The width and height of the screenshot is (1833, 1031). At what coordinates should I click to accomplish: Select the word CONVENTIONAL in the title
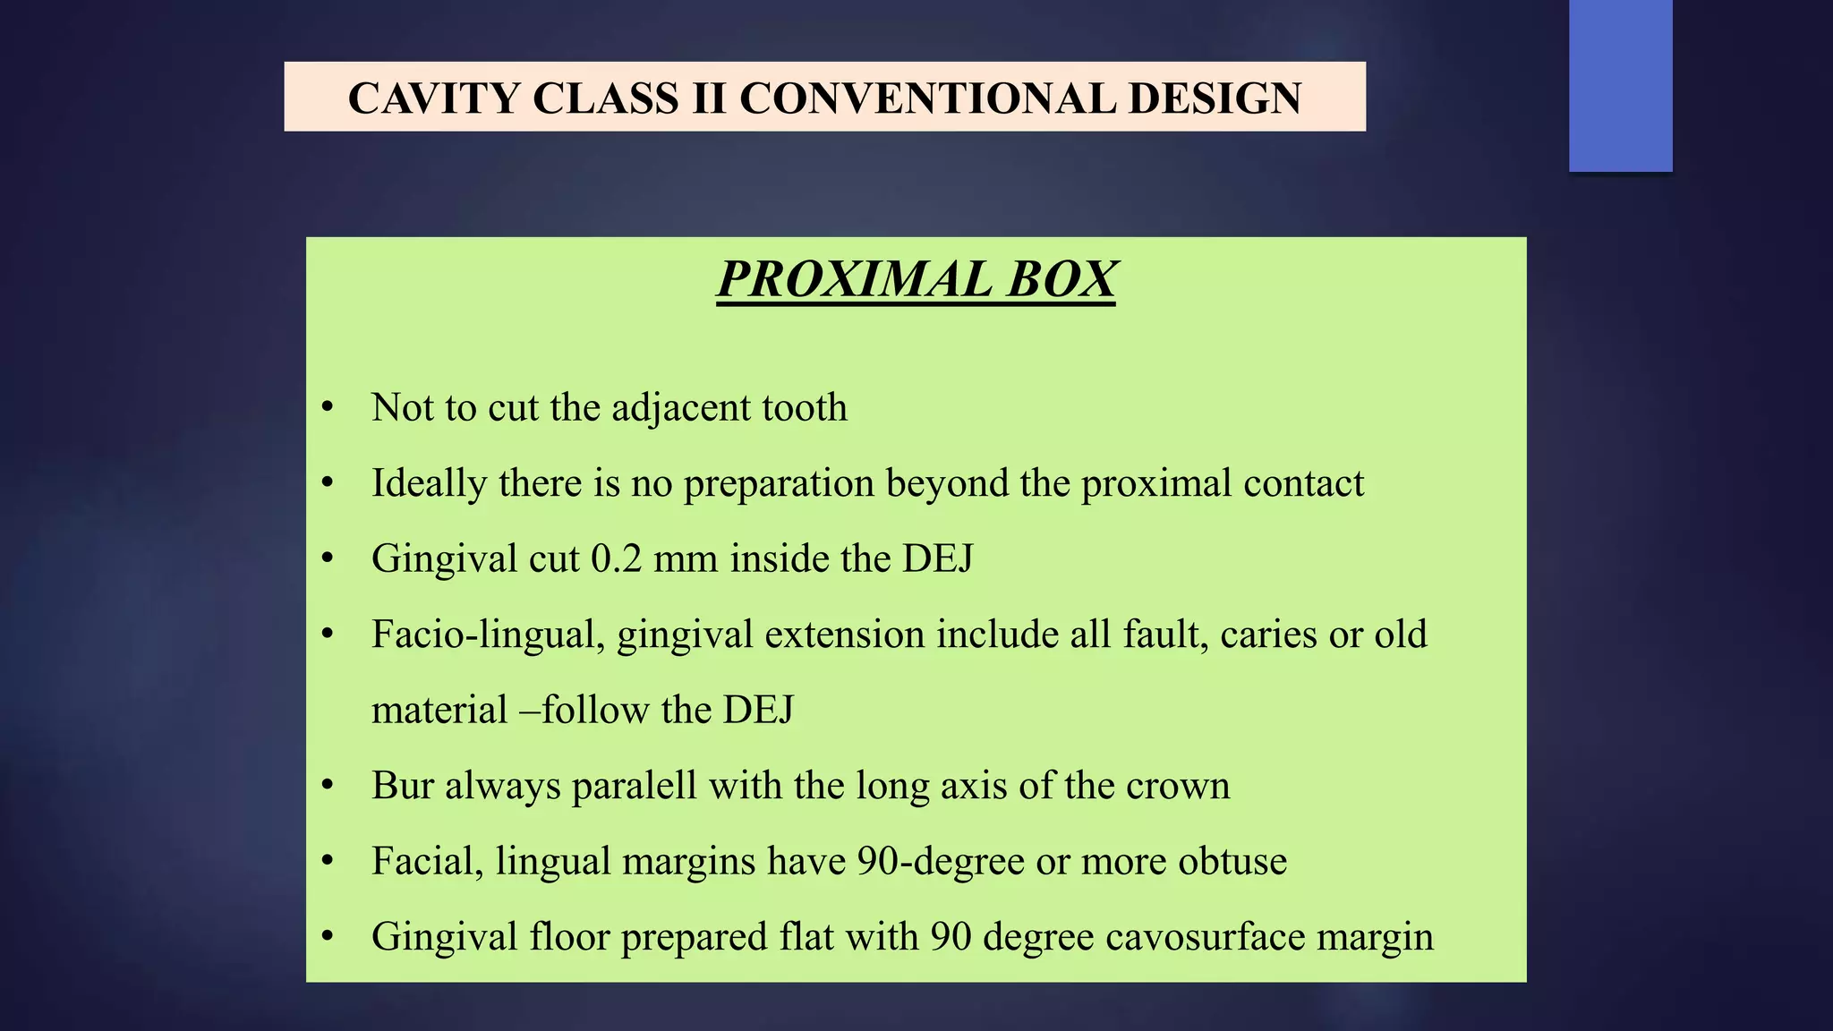pos(926,98)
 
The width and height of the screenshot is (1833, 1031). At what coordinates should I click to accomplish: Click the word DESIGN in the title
pos(1215,98)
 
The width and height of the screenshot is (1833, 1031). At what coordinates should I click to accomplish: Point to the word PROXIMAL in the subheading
pos(855,279)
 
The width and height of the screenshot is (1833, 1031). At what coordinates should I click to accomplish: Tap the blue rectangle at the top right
pos(1620,85)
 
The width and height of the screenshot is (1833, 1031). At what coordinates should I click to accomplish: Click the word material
pos(439,711)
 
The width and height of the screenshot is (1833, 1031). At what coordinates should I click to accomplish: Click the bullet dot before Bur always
pos(328,786)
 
